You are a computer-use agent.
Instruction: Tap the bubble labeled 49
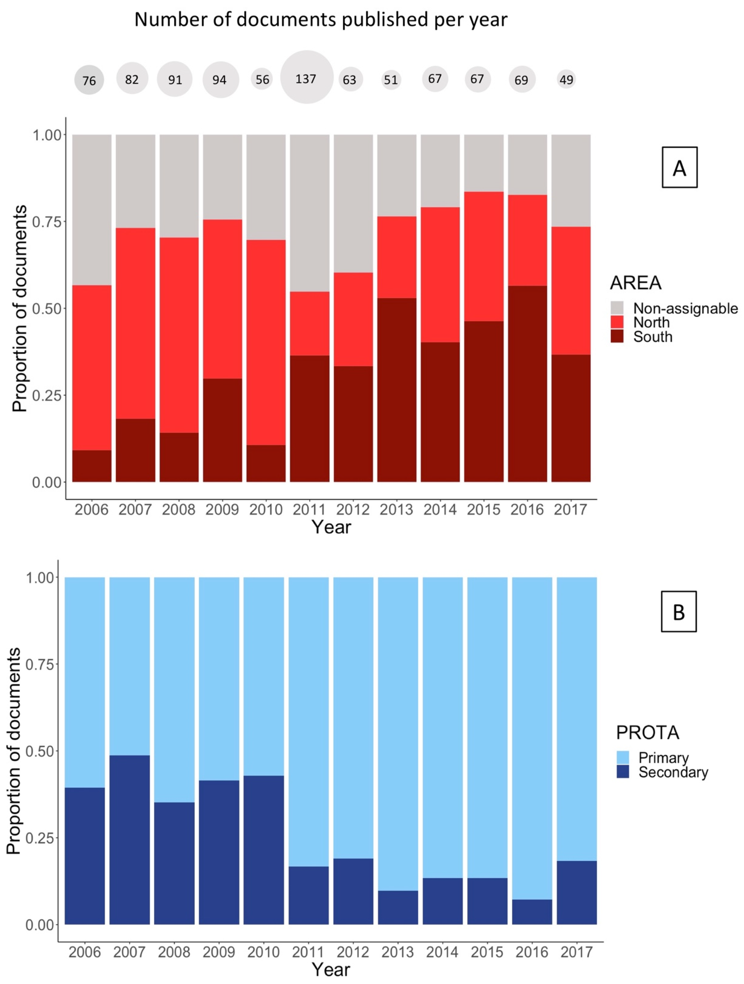point(566,80)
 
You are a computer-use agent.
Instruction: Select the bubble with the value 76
point(89,80)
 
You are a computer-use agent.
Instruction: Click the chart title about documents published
point(321,20)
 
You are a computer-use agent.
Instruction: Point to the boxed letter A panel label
point(679,167)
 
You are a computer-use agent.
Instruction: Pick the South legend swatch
point(617,336)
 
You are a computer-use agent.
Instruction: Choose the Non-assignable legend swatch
point(617,308)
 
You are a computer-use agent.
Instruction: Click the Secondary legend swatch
point(623,772)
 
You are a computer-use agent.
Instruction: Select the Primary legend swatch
point(623,758)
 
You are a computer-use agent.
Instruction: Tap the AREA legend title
point(635,283)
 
